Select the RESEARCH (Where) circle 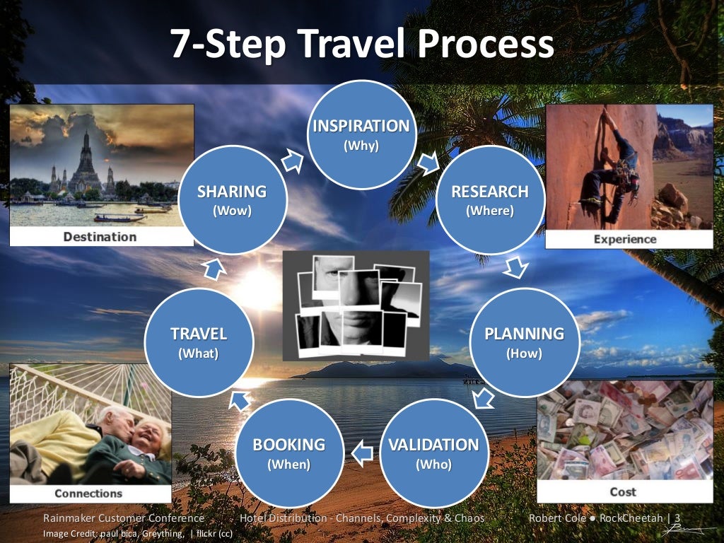tap(490, 199)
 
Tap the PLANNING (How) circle tap(524, 341)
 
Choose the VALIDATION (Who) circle tap(433, 453)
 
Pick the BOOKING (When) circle tap(289, 453)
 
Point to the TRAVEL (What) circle tap(199, 341)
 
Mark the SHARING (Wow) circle tap(232, 199)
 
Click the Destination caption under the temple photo tap(100, 236)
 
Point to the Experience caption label tap(625, 239)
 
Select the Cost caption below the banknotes tap(623, 491)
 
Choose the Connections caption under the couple tap(88, 494)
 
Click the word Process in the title tap(485, 44)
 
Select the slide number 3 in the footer tap(677, 518)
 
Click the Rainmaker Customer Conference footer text tap(123, 518)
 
